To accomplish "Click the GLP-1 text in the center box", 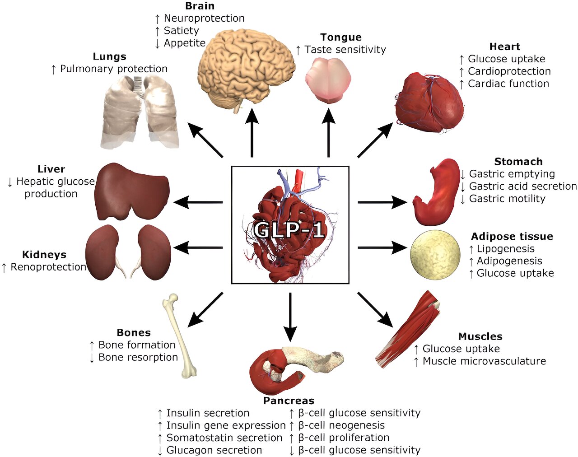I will [x=289, y=230].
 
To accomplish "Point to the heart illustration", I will [x=429, y=103].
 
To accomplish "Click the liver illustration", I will [x=131, y=191].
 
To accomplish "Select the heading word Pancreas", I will [x=289, y=401].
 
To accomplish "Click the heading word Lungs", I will [x=109, y=56].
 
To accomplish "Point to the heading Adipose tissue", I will [x=512, y=236].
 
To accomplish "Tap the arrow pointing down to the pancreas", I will [x=290, y=316].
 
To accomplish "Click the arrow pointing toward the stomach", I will [x=382, y=202].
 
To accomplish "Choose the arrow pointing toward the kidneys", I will [x=198, y=247].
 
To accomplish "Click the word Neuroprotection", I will [x=204, y=18].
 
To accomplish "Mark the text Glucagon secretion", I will [x=214, y=450].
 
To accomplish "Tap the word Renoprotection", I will [x=48, y=267].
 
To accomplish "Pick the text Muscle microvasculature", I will [x=484, y=361].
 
